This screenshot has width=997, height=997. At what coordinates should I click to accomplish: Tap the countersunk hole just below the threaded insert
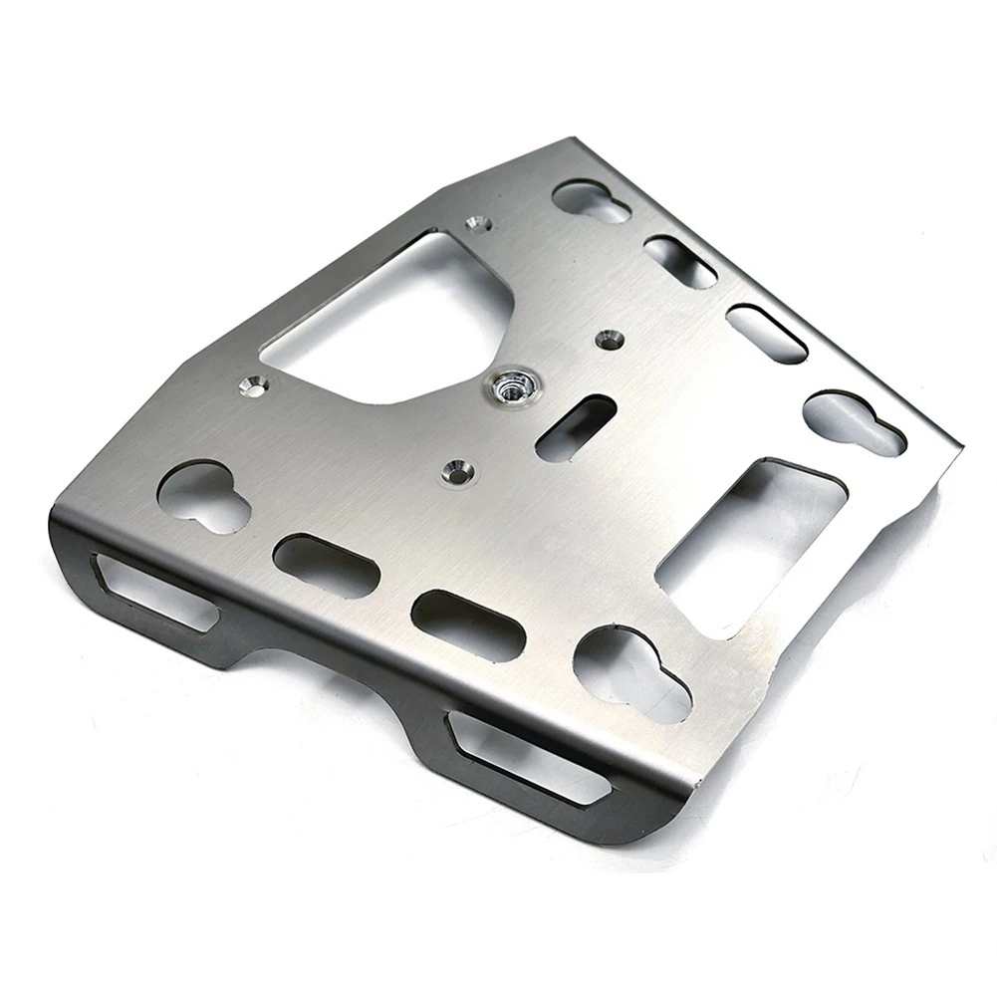pos(456,468)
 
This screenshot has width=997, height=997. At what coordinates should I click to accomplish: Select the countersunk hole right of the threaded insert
pos(607,340)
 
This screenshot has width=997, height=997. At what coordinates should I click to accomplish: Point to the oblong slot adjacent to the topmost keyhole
pos(680,261)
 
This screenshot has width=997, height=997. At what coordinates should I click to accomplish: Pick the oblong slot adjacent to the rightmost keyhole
pos(766,334)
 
